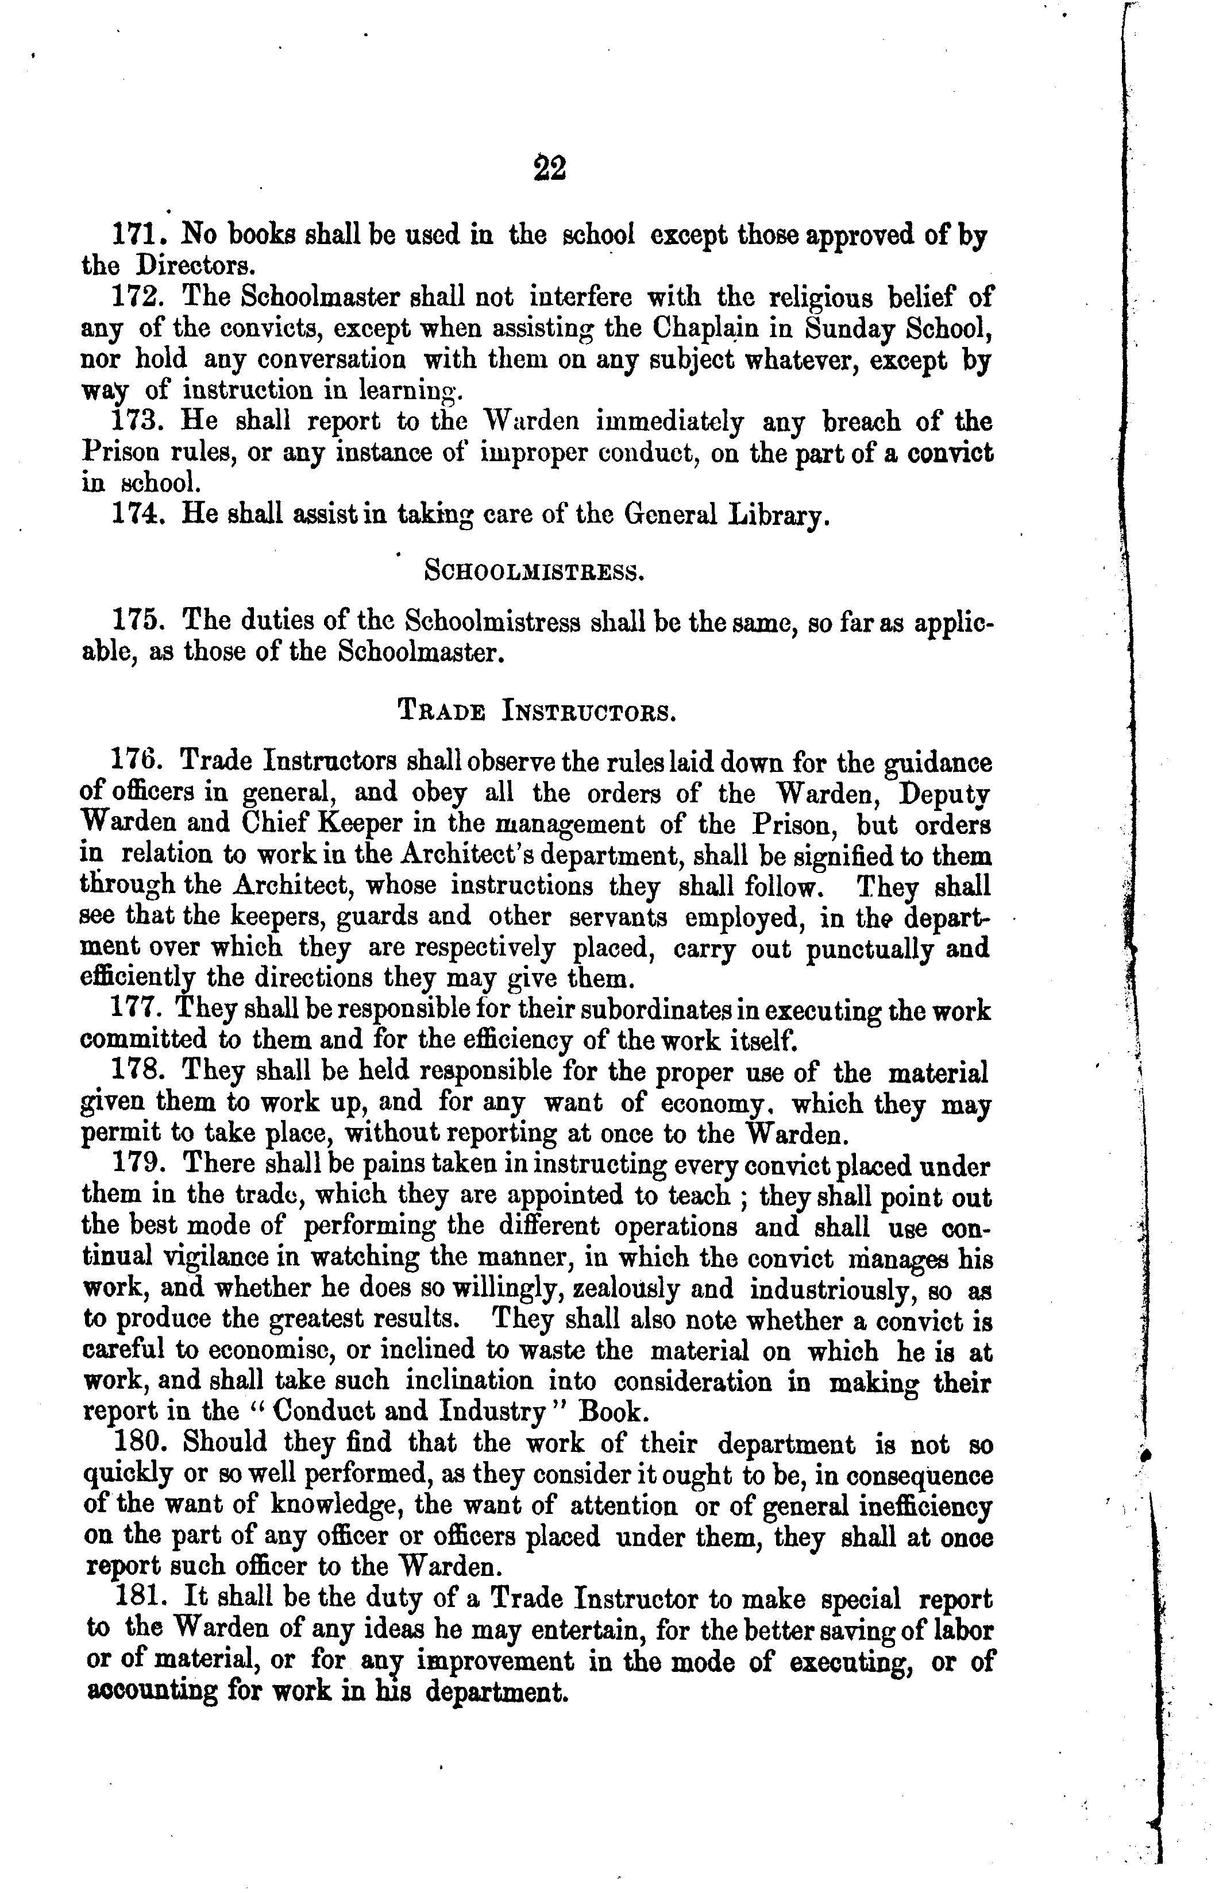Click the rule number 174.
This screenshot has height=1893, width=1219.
[138, 516]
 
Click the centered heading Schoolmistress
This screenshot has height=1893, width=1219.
[535, 571]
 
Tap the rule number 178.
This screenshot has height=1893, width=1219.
[138, 1072]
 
